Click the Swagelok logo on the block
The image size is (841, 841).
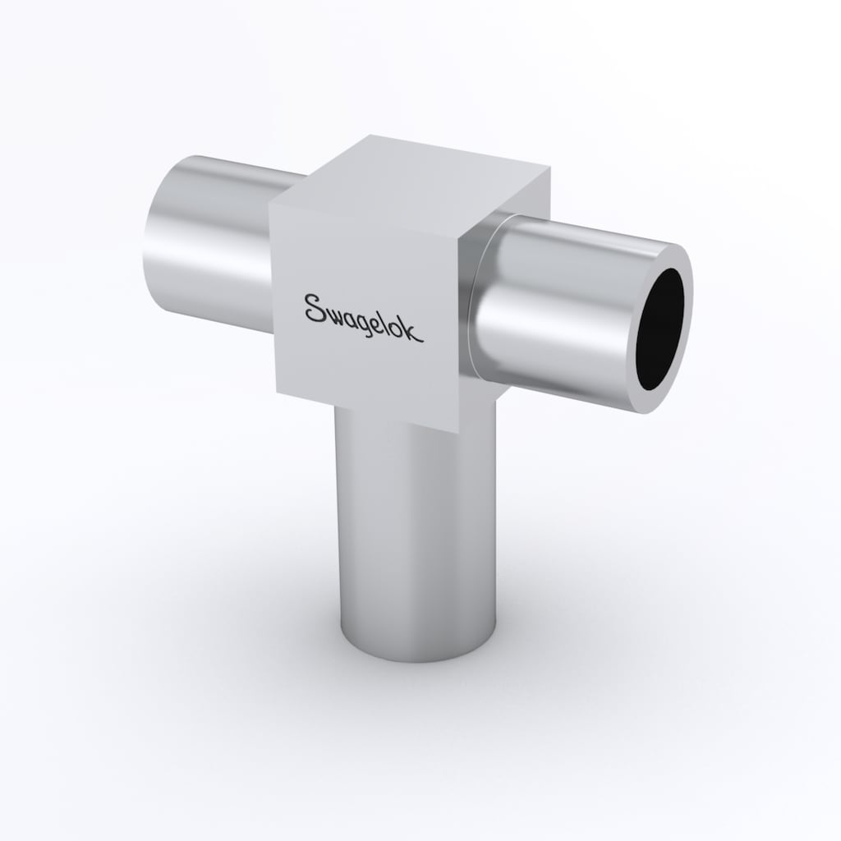coord(364,318)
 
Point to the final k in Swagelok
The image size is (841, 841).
coord(415,332)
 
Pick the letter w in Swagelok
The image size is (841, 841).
coord(334,313)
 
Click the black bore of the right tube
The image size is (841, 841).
coord(660,329)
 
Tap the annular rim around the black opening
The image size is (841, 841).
coord(686,301)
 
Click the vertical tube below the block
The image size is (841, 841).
coord(416,531)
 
